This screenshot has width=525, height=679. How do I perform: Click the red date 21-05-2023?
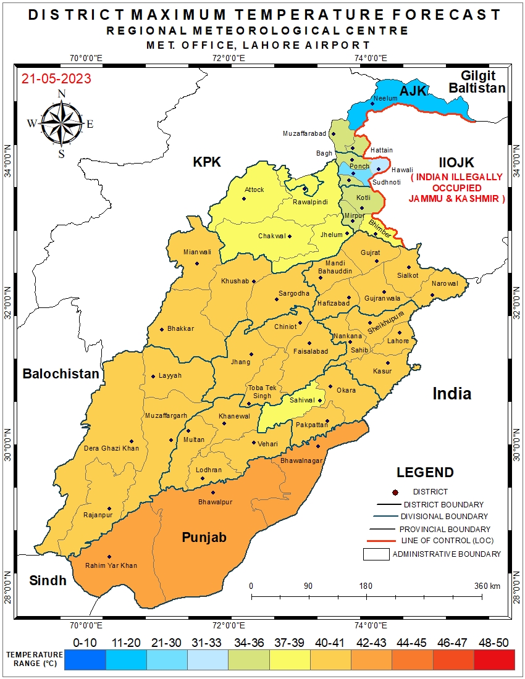(x=56, y=79)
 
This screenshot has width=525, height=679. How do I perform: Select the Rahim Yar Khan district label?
(x=111, y=565)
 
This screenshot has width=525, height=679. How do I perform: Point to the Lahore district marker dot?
(x=400, y=333)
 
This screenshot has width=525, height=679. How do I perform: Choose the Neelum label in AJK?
(x=385, y=99)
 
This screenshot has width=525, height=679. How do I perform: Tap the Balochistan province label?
(x=61, y=373)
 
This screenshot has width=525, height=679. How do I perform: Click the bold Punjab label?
(x=204, y=537)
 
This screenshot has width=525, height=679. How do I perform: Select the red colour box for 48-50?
(x=493, y=660)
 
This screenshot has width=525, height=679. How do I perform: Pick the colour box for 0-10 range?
(x=85, y=660)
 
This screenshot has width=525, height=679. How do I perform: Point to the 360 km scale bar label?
(x=487, y=586)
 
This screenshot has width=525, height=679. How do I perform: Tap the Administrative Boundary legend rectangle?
(x=376, y=554)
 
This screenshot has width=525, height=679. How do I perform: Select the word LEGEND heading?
(x=425, y=473)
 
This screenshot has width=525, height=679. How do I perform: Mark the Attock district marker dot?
(x=244, y=198)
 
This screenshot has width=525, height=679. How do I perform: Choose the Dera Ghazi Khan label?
(x=111, y=448)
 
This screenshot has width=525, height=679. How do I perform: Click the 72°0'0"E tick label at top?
(x=229, y=58)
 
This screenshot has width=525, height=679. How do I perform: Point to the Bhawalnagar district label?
(x=302, y=460)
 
